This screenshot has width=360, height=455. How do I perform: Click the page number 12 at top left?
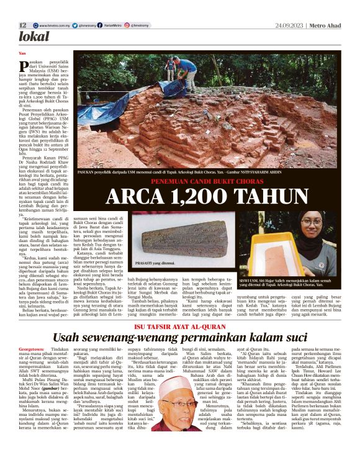pos(22,25)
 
